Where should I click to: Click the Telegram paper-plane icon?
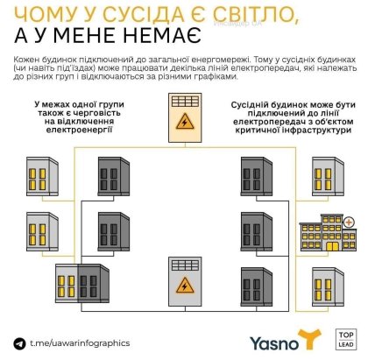19,343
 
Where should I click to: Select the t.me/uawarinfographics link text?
80,342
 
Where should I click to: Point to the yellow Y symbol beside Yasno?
309,339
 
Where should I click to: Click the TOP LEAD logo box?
346,339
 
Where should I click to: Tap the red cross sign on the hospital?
349,222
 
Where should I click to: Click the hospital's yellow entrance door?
332,246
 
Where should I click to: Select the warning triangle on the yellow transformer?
185,122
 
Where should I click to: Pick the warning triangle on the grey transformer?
185,286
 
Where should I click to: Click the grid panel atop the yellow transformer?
185,102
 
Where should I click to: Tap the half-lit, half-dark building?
82,284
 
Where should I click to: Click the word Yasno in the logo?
274,343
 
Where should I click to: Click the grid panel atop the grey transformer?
185,265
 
